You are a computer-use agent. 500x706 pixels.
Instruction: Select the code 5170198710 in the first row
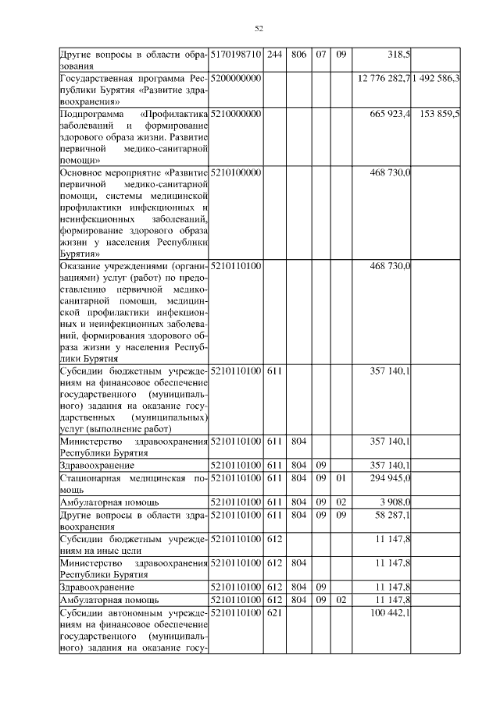237,55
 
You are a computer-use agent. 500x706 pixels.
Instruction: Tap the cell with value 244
274,55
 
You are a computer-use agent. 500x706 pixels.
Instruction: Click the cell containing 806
298,55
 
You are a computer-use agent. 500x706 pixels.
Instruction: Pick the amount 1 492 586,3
436,79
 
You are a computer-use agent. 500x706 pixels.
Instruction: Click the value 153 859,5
439,114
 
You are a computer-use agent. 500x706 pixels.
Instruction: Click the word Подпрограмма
86,114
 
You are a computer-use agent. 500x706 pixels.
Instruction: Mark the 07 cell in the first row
321,55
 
